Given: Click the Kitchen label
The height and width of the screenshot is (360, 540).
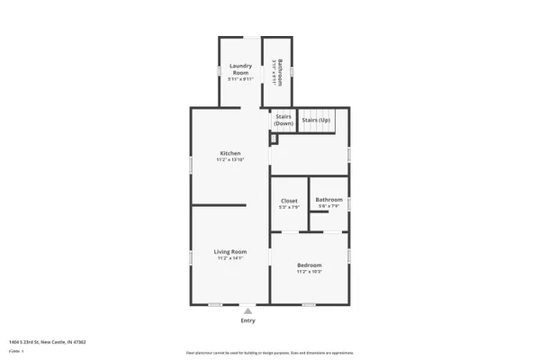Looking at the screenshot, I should (x=230, y=154).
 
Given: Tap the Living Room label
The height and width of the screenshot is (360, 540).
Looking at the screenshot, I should (x=230, y=251).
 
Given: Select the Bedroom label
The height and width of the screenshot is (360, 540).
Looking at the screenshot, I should (x=310, y=265).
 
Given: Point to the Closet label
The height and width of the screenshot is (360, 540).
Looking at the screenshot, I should (x=289, y=201).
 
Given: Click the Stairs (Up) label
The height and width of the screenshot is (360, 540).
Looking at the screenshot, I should (x=316, y=120).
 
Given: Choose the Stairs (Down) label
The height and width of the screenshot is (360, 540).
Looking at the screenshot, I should (x=283, y=120).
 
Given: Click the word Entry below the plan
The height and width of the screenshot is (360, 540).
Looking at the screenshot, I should (x=247, y=320).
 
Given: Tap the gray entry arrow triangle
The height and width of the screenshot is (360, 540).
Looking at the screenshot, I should (x=247, y=310).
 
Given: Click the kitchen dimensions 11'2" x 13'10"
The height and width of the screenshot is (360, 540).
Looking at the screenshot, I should (x=230, y=161).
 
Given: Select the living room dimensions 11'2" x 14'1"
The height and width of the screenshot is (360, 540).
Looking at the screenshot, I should (x=230, y=258).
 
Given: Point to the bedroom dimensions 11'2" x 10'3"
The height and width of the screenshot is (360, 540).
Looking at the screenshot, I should (x=310, y=272).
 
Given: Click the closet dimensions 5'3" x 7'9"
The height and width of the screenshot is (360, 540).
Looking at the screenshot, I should (x=289, y=208).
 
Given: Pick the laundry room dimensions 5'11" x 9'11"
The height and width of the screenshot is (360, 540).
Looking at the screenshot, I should (x=239, y=80).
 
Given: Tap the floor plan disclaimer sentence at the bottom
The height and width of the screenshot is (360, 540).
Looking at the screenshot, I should (x=270, y=353).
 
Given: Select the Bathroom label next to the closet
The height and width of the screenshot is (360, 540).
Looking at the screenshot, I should (x=328, y=200).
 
